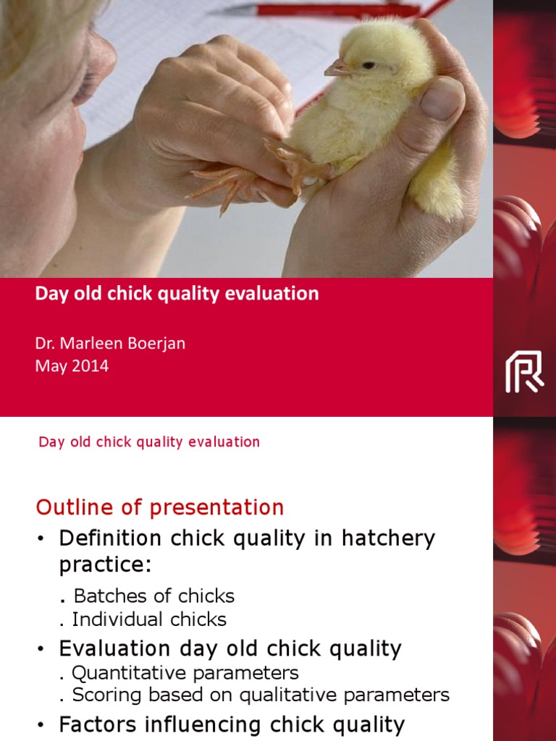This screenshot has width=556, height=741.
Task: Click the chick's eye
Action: pyautogui.click(x=369, y=65)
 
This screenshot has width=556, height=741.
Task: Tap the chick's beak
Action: pyautogui.click(x=337, y=69)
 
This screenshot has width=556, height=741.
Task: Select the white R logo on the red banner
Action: pyautogui.click(x=524, y=371)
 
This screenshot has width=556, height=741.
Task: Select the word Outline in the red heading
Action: pyautogui.click(x=69, y=507)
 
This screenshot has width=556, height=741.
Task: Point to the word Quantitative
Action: pyautogui.click(x=125, y=672)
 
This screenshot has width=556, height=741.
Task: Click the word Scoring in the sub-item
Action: pyautogui.click(x=104, y=695)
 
